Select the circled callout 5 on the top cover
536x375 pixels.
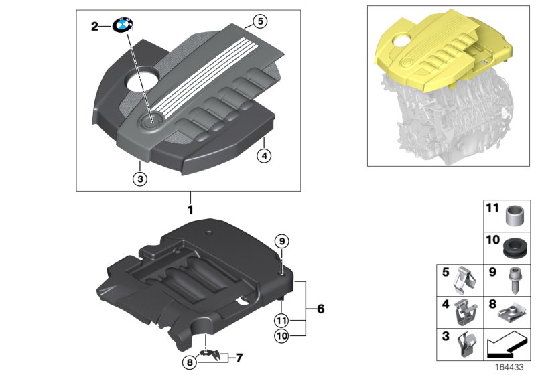[261, 21]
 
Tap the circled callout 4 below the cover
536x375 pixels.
[265, 157]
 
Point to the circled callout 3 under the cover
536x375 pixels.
[139, 179]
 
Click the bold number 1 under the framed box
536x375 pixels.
[190, 210]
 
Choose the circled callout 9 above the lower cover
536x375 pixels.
[283, 241]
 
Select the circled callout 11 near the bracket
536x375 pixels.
[283, 319]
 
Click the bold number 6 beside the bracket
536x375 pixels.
[320, 309]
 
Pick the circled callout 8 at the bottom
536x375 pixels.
[191, 362]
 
